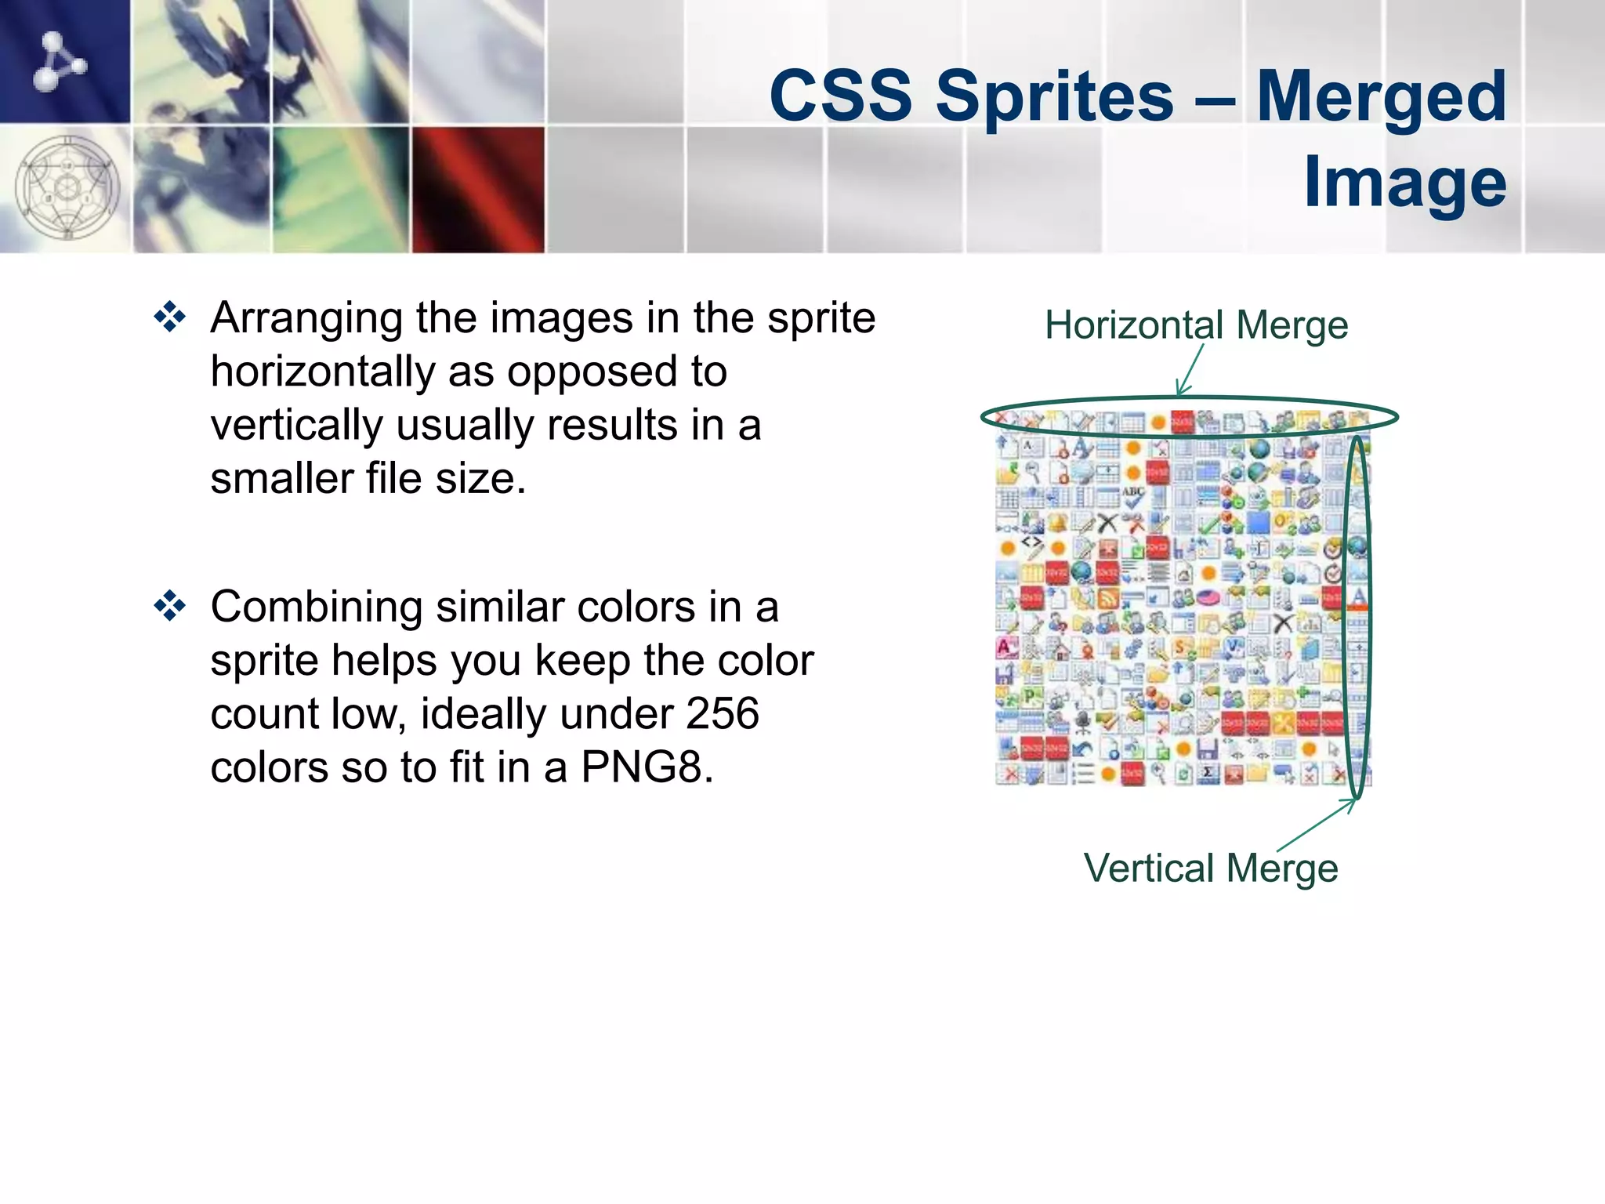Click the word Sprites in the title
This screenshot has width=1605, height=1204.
tap(1054, 98)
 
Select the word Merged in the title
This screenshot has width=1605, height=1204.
tap(1381, 98)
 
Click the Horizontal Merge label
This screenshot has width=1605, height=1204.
tap(1196, 325)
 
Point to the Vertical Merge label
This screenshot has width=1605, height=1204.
tap(1211, 869)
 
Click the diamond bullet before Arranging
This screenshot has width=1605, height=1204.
tap(170, 318)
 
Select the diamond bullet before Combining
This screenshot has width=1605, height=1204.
tap(170, 607)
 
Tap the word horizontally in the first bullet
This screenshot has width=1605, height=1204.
tap(322, 372)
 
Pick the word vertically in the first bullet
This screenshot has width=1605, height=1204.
tap(295, 426)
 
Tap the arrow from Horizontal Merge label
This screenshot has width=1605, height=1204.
tap(1189, 370)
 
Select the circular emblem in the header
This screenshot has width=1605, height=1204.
tap(67, 188)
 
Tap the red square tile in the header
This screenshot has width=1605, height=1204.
tap(478, 189)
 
